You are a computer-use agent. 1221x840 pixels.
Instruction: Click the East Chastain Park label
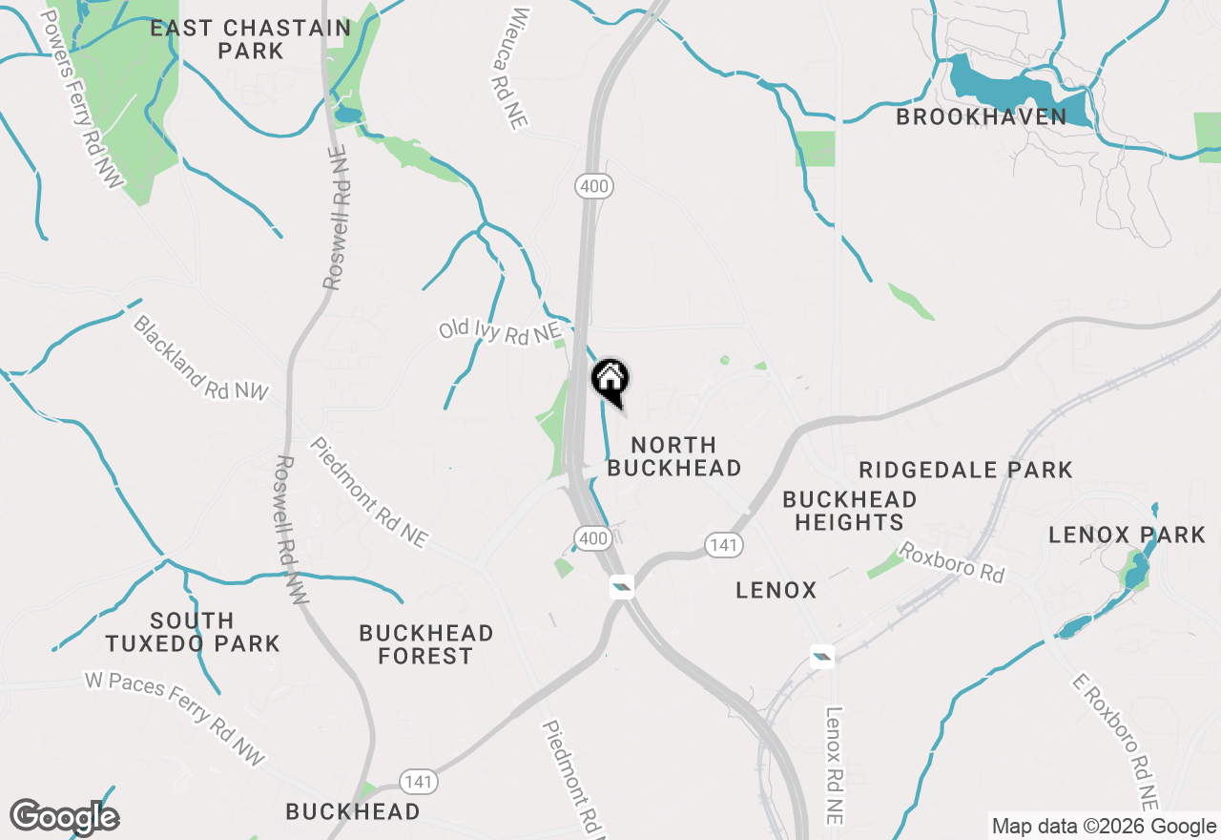tap(250, 39)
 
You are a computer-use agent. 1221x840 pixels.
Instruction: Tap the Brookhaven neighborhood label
tap(982, 116)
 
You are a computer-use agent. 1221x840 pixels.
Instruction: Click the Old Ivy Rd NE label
tap(499, 331)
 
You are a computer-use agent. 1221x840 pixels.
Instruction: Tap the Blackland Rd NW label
tap(200, 357)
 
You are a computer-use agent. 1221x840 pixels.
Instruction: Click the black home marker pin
tap(610, 380)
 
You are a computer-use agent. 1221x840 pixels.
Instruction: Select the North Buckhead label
tap(673, 456)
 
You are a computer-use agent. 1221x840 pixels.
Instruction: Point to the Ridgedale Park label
tap(965, 470)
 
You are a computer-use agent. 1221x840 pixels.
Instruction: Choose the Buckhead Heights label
tap(849, 511)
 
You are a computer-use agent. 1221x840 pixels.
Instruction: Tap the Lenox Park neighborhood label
tap(1127, 535)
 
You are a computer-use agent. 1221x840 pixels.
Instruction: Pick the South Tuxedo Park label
tap(193, 632)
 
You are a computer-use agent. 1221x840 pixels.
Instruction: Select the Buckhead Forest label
tap(426, 644)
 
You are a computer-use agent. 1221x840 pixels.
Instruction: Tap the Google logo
tap(64, 817)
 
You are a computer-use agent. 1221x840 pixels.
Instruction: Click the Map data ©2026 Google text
tap(1103, 827)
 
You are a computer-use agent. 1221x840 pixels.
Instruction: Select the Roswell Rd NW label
tap(290, 529)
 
